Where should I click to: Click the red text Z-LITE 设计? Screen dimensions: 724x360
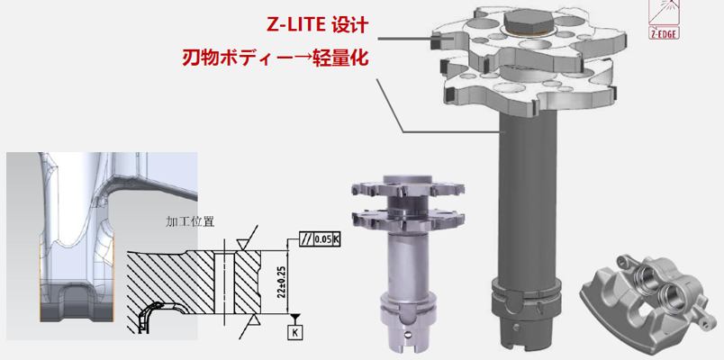click(x=317, y=25)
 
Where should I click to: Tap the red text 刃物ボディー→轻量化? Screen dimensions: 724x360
click(x=276, y=58)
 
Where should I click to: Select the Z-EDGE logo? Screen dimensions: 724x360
click(x=664, y=20)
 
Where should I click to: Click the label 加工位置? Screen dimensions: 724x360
click(x=190, y=221)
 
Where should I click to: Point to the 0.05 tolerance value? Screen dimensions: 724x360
click(x=321, y=239)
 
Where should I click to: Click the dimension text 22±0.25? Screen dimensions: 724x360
click(x=281, y=282)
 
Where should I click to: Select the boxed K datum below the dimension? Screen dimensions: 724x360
click(x=294, y=331)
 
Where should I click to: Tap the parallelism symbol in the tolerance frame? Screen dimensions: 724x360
click(x=306, y=239)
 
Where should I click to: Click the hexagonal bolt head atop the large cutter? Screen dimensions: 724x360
click(x=529, y=22)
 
